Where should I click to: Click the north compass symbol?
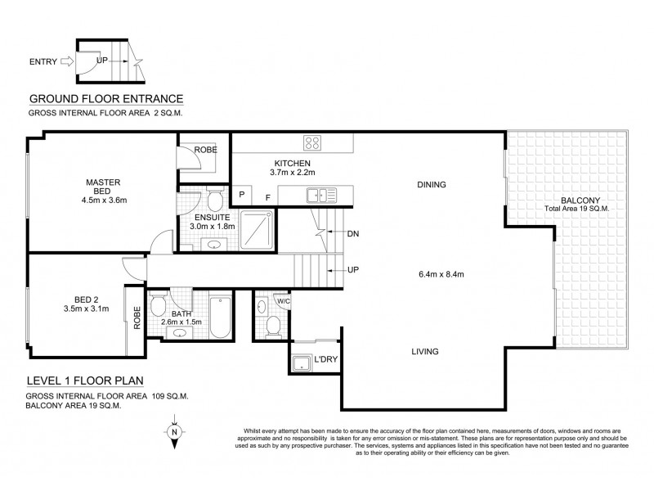coord(173,433)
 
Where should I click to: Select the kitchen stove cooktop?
coord(313,144)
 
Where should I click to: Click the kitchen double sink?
coord(316,195)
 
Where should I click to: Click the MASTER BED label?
coord(105,186)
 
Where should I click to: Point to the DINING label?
coord(431,184)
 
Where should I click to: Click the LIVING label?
coord(424,352)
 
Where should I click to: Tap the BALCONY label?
coord(582,200)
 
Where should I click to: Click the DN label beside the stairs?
coord(353,234)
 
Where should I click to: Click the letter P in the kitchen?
coord(243,196)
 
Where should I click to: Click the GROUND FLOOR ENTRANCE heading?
coord(106,98)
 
